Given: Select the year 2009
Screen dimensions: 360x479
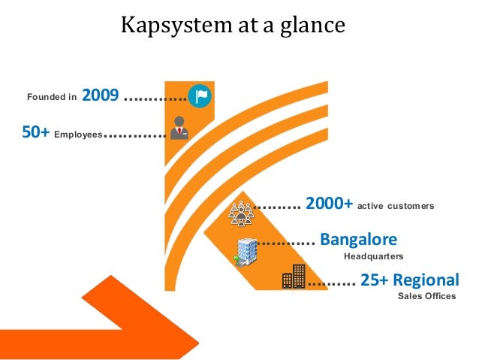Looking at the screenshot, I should coord(100,95).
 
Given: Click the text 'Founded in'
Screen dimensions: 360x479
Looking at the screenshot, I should coord(52,97).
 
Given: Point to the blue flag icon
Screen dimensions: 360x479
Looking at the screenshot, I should coord(200,95).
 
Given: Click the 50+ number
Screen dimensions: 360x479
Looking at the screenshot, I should coord(36,133).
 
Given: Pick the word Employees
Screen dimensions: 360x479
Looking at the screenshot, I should coord(78,135).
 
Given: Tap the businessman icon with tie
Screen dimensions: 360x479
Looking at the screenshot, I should coord(179,128).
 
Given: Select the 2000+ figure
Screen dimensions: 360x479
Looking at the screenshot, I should coord(329,204).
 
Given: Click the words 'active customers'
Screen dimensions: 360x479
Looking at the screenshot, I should coord(396,206).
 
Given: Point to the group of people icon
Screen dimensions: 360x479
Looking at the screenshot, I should coord(242,212).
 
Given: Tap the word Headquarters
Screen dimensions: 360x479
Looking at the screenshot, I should coord(373,257).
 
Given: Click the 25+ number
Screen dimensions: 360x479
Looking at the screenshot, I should coord(374,280).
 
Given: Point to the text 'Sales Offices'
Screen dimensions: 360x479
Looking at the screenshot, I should coord(426,297).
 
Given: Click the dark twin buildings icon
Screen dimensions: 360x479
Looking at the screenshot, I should coord(294,277).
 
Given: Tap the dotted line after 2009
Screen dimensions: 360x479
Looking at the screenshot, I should coord(154,98).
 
